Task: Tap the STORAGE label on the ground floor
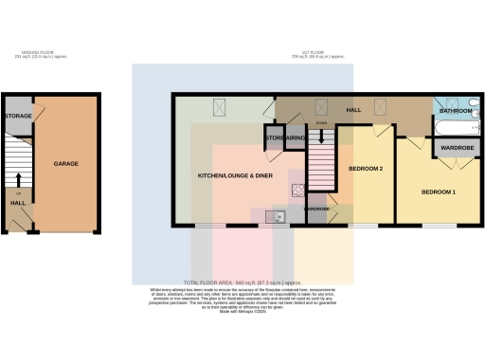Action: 18,116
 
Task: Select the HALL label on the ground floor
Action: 18,203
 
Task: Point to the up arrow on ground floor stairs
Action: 18,177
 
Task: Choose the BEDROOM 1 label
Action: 439,192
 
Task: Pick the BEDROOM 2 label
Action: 366,168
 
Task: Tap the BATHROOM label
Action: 455,111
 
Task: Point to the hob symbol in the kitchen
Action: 296,189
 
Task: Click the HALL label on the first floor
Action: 353,110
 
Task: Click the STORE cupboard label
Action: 275,138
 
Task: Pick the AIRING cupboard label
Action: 295,138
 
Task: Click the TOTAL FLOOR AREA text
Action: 242,282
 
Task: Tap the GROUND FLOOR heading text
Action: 46,53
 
